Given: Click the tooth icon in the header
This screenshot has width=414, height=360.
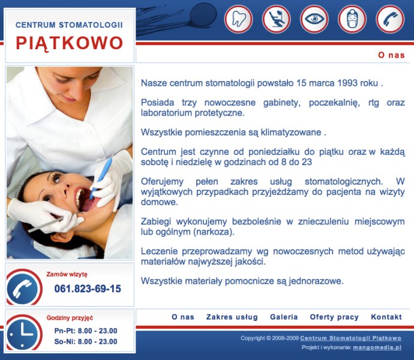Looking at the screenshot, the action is [x=238, y=19].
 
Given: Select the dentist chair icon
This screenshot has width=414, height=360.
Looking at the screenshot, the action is [x=276, y=19].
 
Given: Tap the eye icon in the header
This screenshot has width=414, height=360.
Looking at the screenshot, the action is [x=314, y=19].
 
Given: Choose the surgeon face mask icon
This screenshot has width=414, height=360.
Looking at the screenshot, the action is [x=352, y=19].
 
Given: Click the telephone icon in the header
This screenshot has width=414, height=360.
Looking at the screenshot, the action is [x=390, y=19].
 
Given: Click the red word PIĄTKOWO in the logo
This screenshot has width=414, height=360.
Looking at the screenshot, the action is [x=70, y=43].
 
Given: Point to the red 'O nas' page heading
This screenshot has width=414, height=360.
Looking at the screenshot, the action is [x=391, y=55].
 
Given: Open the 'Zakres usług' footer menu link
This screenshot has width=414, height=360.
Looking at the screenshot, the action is [x=232, y=317].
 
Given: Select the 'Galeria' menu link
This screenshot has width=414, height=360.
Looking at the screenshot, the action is [x=284, y=317].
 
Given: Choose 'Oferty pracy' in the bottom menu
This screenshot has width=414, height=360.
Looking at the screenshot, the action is [x=334, y=317].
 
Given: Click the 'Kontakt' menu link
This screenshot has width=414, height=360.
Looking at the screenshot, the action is [x=386, y=317].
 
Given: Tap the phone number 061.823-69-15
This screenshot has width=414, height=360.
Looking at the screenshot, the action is [x=88, y=289].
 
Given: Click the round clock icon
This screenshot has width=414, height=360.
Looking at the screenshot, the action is [x=24, y=333].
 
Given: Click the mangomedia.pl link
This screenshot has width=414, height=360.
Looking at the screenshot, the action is [x=377, y=347].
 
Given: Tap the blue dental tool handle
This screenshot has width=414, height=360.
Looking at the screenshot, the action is [x=101, y=177].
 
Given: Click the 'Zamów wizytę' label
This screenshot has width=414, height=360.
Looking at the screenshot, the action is [x=67, y=274].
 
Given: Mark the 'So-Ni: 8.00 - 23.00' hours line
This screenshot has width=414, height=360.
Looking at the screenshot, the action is [x=86, y=341].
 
